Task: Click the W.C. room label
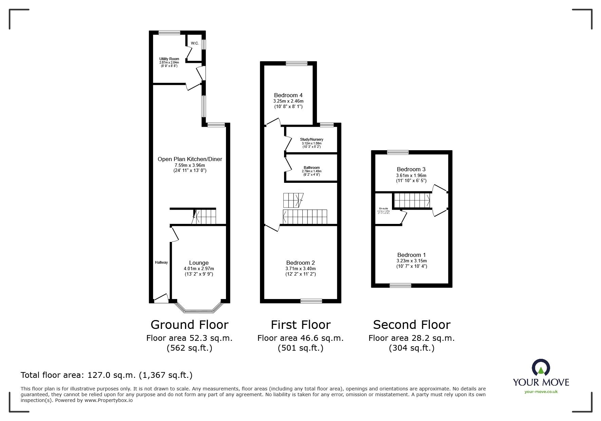[x=194, y=43]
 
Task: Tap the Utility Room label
[x=169, y=59]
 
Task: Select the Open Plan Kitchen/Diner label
[x=190, y=159]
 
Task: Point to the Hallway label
[x=161, y=262]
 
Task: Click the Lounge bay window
[x=198, y=310]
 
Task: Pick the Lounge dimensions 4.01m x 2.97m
[x=199, y=268]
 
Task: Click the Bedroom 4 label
[x=288, y=95]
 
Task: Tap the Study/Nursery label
[x=312, y=139]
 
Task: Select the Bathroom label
[x=312, y=168]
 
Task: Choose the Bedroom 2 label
[x=300, y=263]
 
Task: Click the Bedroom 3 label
[x=411, y=169]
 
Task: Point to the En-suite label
[x=383, y=208]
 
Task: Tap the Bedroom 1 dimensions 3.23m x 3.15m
[x=412, y=261]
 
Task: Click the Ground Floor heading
[x=189, y=325]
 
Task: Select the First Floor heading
[x=300, y=325]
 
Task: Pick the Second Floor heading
[x=412, y=325]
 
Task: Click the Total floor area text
[x=107, y=375]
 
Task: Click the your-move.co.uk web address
[x=541, y=391]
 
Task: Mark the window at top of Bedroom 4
[x=296, y=63]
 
